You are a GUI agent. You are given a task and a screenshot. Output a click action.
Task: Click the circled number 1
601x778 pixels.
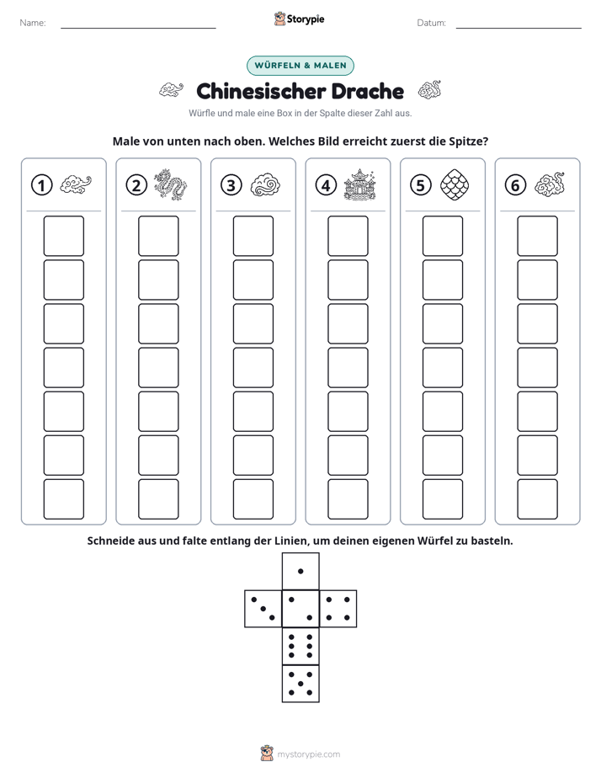click(x=41, y=185)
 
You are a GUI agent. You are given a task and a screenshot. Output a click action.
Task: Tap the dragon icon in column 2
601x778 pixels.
click(x=170, y=184)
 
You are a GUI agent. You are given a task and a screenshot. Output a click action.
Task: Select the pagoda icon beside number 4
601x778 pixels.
click(x=360, y=184)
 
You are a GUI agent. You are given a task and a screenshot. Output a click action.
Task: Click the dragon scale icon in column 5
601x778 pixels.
click(x=455, y=184)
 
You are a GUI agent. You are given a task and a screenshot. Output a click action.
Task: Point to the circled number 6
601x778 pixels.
click(x=515, y=185)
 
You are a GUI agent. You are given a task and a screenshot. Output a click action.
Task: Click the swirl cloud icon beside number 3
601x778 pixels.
click(x=265, y=185)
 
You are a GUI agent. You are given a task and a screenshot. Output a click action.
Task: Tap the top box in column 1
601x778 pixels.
click(x=64, y=236)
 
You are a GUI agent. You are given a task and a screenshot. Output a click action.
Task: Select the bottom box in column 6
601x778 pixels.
click(x=538, y=499)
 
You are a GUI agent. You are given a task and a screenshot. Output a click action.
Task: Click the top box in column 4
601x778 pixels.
click(x=348, y=236)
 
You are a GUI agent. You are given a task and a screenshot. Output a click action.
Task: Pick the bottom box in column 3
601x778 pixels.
click(x=253, y=499)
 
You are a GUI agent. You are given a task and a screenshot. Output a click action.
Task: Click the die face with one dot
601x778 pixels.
click(x=300, y=571)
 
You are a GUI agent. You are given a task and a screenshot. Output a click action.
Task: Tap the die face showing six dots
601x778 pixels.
click(x=300, y=646)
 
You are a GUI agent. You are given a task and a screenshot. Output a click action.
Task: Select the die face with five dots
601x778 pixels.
click(x=300, y=684)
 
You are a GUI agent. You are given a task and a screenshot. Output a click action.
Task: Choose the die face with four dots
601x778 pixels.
click(x=338, y=609)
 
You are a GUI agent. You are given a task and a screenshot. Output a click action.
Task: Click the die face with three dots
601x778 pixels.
click(x=263, y=609)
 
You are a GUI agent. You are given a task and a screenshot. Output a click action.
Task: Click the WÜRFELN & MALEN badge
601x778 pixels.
click(x=300, y=66)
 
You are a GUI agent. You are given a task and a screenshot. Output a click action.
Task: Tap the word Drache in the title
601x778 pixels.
click(x=368, y=91)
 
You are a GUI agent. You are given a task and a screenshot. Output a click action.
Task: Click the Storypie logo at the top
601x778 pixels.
click(x=300, y=19)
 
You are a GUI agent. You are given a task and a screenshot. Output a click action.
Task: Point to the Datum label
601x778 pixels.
click(x=432, y=23)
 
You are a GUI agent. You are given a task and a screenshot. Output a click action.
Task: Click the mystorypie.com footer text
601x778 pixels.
click(x=308, y=754)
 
